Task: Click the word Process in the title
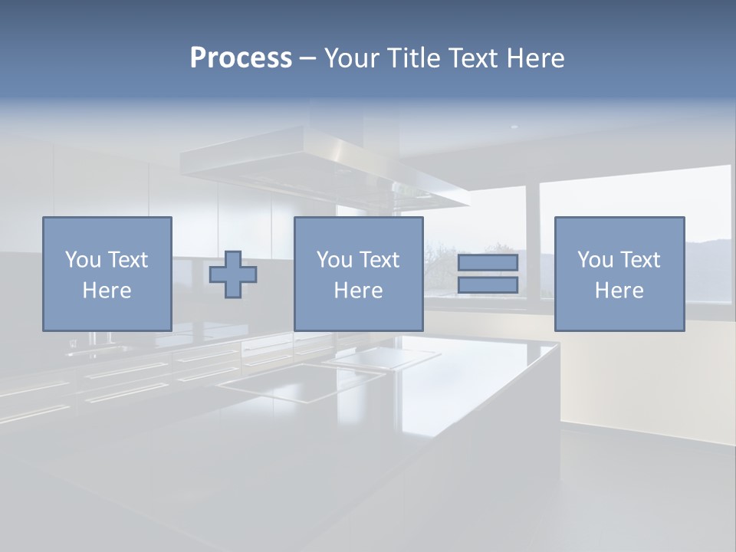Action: coord(241,58)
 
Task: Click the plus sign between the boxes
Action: coord(233,274)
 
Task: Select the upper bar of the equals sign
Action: coord(488,262)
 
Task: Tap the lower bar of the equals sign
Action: coord(488,285)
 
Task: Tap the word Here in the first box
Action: coord(107,291)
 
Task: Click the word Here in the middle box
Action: coord(358,291)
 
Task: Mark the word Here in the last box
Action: coord(619,291)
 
